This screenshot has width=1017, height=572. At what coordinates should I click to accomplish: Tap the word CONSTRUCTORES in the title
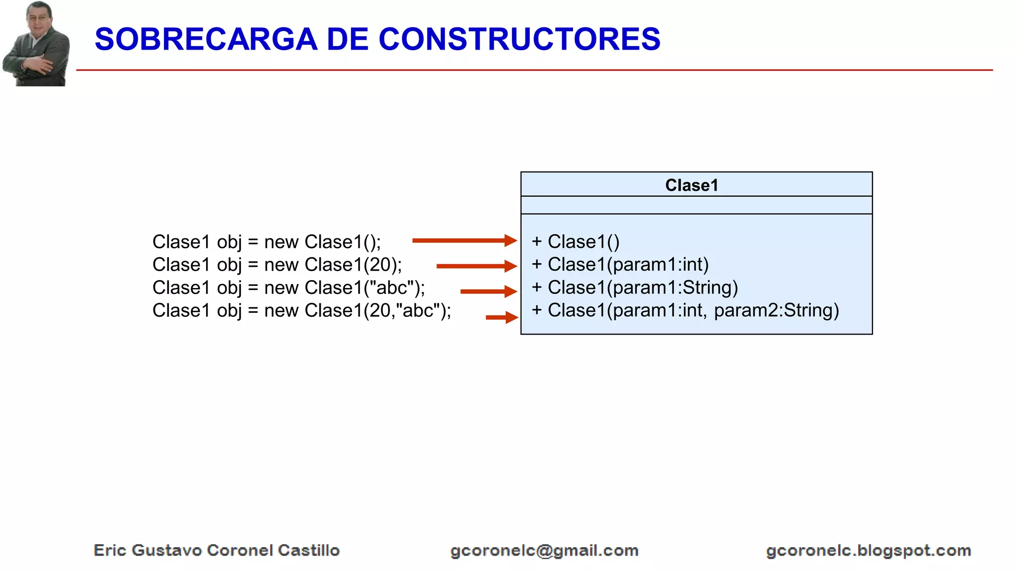click(519, 39)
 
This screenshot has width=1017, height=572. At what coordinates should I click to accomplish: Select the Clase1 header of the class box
click(692, 185)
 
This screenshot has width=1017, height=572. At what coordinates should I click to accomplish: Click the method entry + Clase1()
click(576, 242)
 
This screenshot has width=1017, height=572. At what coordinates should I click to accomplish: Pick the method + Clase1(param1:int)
click(620, 265)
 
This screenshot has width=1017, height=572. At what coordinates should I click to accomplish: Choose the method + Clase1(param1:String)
click(635, 287)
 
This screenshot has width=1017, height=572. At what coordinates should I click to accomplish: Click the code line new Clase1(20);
click(277, 265)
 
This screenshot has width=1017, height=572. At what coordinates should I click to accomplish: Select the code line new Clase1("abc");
click(289, 287)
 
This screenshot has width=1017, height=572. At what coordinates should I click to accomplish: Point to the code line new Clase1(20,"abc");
click(301, 310)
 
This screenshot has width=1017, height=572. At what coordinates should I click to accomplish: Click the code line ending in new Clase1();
click(267, 242)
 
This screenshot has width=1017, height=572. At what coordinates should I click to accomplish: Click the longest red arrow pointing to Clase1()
click(464, 241)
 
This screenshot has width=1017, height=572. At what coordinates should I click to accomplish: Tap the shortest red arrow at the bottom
click(502, 317)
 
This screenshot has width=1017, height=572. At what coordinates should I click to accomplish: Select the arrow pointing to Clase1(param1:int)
click(476, 266)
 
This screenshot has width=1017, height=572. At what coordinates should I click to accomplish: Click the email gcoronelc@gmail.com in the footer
click(544, 551)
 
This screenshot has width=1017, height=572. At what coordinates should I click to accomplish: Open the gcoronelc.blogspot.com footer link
click(868, 551)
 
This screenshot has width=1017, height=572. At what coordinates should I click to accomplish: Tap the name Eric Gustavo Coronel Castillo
click(217, 550)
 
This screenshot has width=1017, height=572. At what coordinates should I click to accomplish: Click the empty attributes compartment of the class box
click(696, 205)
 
